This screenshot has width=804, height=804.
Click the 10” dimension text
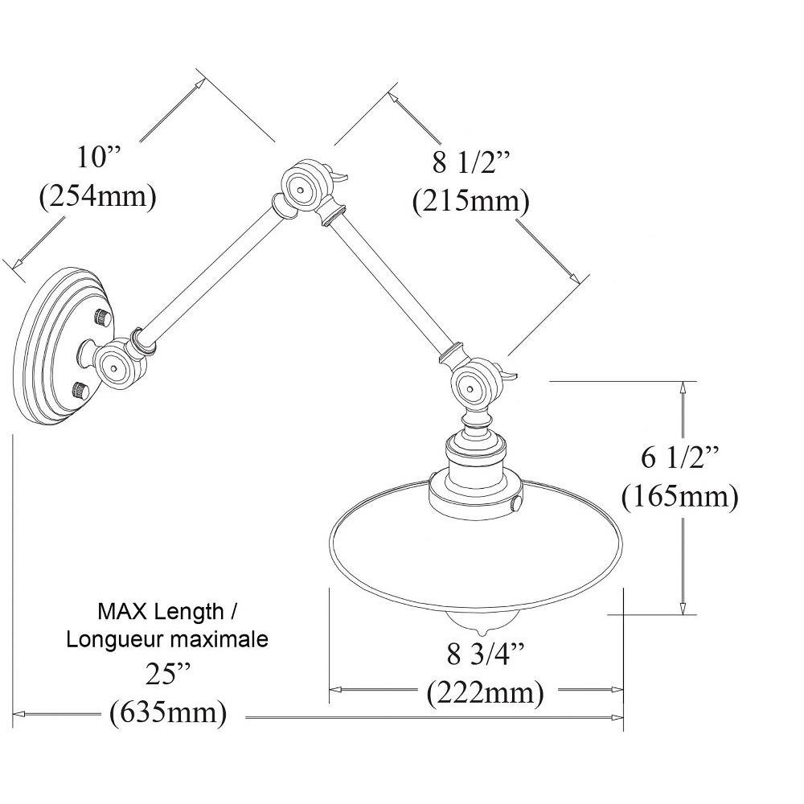[97, 157]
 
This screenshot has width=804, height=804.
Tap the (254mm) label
[98, 196]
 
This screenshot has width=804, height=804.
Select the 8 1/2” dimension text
[470, 163]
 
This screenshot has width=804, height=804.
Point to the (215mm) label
[470, 202]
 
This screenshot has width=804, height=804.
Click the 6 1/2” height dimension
[679, 457]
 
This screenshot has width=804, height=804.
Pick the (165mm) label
[680, 496]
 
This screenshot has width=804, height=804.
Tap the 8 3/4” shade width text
[485, 654]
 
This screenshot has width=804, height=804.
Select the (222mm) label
[485, 693]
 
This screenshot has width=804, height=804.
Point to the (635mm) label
[168, 712]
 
